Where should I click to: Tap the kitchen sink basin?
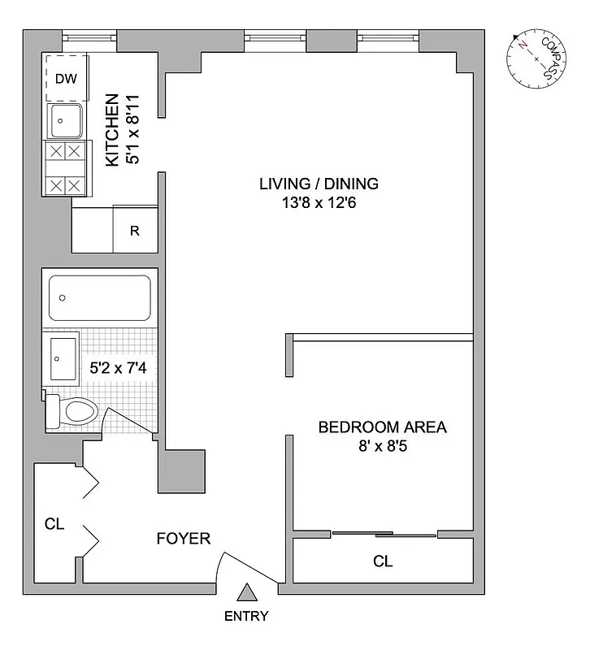[63, 122]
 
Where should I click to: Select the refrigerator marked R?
[135, 230]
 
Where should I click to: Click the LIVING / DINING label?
[319, 183]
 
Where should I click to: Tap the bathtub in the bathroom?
[99, 298]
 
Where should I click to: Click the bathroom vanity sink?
[62, 358]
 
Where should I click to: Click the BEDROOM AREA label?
[382, 427]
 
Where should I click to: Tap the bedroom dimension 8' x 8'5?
[382, 447]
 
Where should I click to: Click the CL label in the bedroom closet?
[382, 561]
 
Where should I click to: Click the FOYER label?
[183, 538]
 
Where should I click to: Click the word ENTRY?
[245, 616]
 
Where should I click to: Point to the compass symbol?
[536, 58]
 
